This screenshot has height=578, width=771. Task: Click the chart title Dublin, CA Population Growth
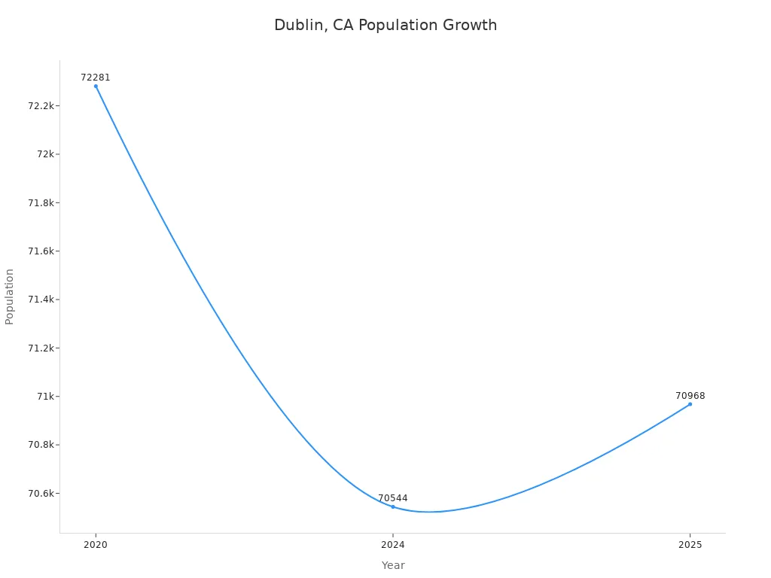(x=385, y=25)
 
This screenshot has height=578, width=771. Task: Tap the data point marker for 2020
(x=96, y=86)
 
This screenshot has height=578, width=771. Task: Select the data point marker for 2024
(x=392, y=507)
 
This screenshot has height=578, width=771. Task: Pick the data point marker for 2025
(x=690, y=404)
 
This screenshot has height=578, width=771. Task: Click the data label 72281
(x=96, y=78)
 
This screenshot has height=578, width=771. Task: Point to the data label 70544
(x=392, y=498)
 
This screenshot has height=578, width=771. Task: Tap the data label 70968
(x=690, y=396)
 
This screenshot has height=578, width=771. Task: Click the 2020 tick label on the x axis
(x=96, y=545)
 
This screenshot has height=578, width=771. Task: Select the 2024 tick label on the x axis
(x=392, y=545)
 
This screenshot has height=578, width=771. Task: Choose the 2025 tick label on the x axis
(x=690, y=545)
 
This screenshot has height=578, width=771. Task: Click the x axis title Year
(x=392, y=565)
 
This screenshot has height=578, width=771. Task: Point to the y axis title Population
(x=10, y=297)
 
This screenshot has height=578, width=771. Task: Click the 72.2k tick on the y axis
(x=41, y=106)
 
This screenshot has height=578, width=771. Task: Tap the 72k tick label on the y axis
(x=46, y=154)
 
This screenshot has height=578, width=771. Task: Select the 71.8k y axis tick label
(x=41, y=203)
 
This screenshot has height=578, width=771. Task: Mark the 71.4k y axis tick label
(x=41, y=300)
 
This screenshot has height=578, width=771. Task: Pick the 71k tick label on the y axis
(x=46, y=397)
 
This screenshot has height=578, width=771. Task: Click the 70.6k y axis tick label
(x=41, y=494)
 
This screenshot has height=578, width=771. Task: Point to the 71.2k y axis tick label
(x=41, y=348)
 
